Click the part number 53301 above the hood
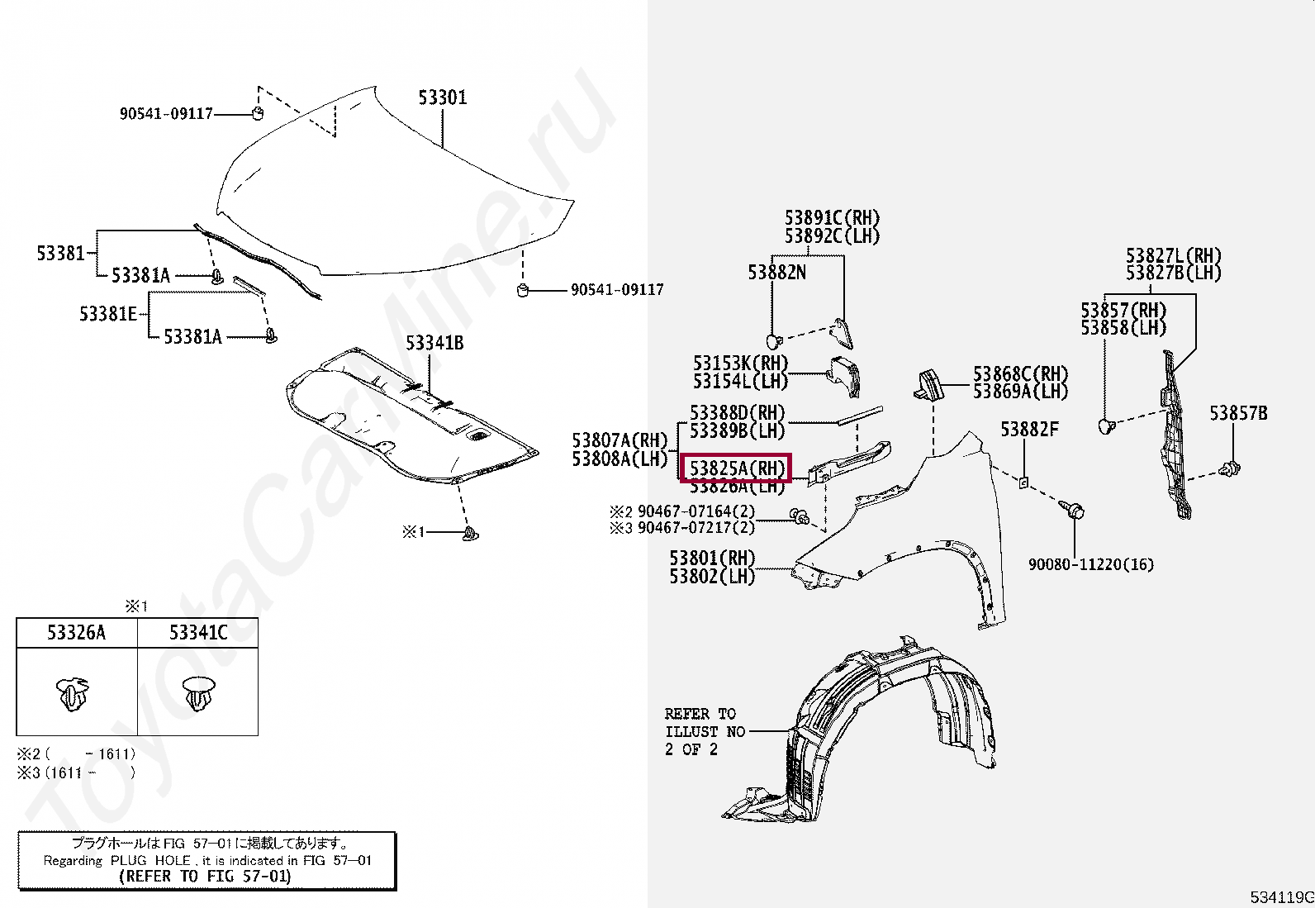click(x=442, y=97)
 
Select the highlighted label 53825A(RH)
click(x=736, y=468)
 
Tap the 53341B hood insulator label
click(x=434, y=343)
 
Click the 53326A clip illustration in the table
click(x=74, y=693)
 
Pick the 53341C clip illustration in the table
click(x=197, y=693)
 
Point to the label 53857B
click(x=1237, y=413)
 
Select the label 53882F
click(x=1028, y=430)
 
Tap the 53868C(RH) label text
click(x=1020, y=374)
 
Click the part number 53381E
click(x=107, y=314)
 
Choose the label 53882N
click(x=776, y=273)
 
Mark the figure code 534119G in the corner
click(x=1281, y=897)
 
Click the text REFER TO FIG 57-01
click(x=206, y=877)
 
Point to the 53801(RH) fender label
click(x=712, y=559)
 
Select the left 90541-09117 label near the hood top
click(x=166, y=114)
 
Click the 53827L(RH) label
click(x=1173, y=256)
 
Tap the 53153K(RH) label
click(x=740, y=364)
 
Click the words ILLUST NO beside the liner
click(x=705, y=732)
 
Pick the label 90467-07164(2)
click(x=695, y=511)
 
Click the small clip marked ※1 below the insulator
click(x=471, y=534)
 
